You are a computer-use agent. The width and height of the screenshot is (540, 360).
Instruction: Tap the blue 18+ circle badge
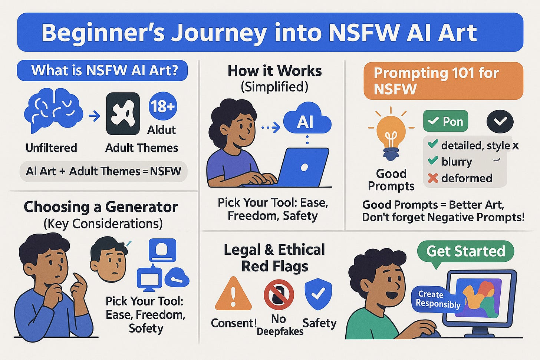coord(162,107)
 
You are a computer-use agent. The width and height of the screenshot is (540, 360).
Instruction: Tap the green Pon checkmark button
coord(445,121)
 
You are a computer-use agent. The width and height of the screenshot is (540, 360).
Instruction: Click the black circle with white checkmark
coord(500,121)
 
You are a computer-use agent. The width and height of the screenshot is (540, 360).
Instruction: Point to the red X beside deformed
coord(432,178)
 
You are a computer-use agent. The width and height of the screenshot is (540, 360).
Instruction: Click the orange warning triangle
coord(233,294)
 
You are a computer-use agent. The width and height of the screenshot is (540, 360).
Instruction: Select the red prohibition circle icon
coord(279,294)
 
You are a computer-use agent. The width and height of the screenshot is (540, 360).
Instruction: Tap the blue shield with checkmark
coord(318,294)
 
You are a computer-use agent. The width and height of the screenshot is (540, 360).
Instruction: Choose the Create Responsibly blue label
coord(437,299)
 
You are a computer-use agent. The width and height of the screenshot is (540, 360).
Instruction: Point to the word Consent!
coord(234,323)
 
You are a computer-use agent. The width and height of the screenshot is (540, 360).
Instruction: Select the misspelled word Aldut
coord(161,130)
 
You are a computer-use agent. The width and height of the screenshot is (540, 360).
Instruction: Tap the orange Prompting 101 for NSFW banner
coord(443,81)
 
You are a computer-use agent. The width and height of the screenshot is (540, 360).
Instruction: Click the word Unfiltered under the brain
coord(51,148)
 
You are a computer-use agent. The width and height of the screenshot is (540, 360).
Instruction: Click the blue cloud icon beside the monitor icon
coord(177,277)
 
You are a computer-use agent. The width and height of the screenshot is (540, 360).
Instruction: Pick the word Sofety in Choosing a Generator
coord(146,328)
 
